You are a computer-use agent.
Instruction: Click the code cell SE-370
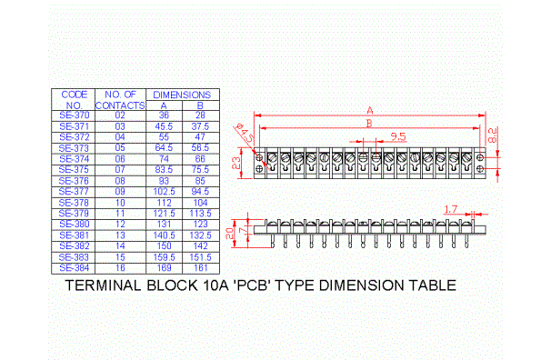point(74,115)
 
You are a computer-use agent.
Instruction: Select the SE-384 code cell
point(74,268)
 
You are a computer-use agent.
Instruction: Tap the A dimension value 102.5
point(164,192)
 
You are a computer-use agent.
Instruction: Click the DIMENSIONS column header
point(182,95)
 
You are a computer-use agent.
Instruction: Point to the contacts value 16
point(120,268)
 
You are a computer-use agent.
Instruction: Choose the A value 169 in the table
point(164,268)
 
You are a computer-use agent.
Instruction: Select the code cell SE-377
point(74,192)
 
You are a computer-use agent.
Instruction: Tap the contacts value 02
point(120,115)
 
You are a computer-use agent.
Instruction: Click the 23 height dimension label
point(235,163)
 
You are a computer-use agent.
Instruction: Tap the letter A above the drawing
point(370,110)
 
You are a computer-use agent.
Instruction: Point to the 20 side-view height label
point(231,231)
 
